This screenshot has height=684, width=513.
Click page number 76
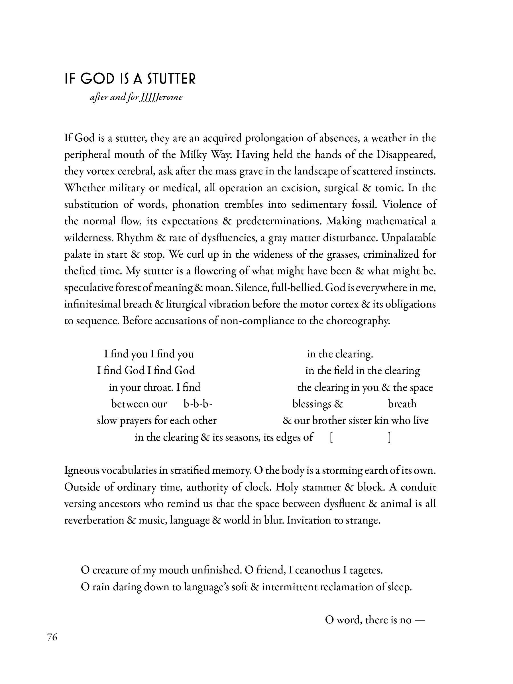coord(52,637)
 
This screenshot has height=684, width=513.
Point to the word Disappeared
coord(406,154)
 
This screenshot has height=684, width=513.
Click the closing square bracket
coord(389,437)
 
